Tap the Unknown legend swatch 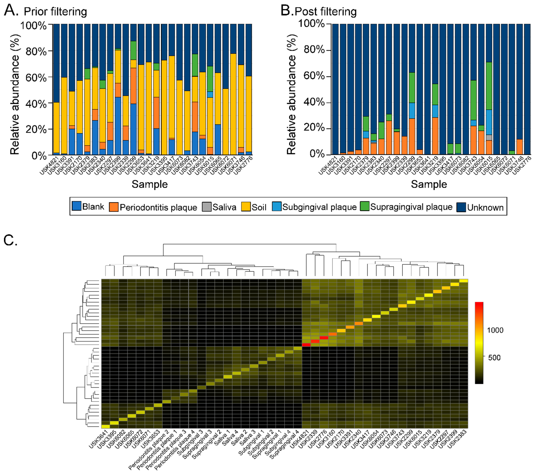tap(461, 207)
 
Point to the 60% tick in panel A tap(36, 78)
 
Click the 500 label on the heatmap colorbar tap(494, 358)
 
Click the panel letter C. tap(10, 240)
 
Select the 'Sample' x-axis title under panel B tap(429, 184)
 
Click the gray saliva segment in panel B tap(489, 137)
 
